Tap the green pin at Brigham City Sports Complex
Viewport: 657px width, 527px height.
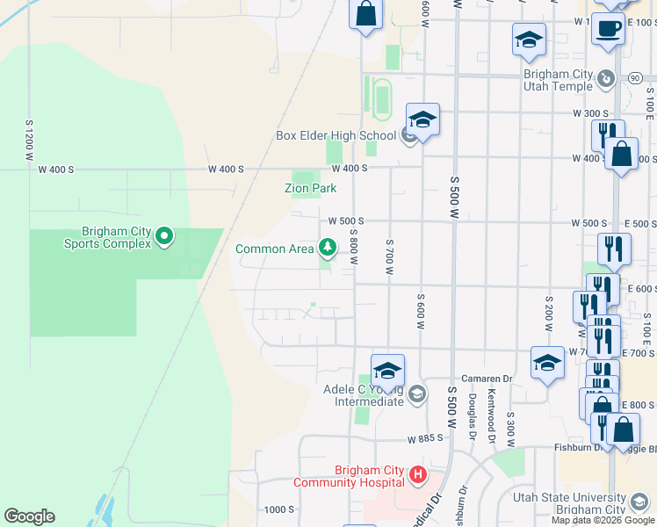coord(164,235)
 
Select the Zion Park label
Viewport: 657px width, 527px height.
coord(311,188)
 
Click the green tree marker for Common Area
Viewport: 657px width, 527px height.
coord(328,249)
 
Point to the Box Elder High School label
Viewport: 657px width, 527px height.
coord(336,135)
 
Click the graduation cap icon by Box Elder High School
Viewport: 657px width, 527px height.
coord(422,119)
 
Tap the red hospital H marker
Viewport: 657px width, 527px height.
coord(417,476)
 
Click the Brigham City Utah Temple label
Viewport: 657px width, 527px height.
coord(558,81)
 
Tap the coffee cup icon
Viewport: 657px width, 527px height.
coord(607,28)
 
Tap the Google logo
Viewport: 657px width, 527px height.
coord(29,516)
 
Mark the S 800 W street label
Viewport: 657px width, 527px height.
coord(352,245)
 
